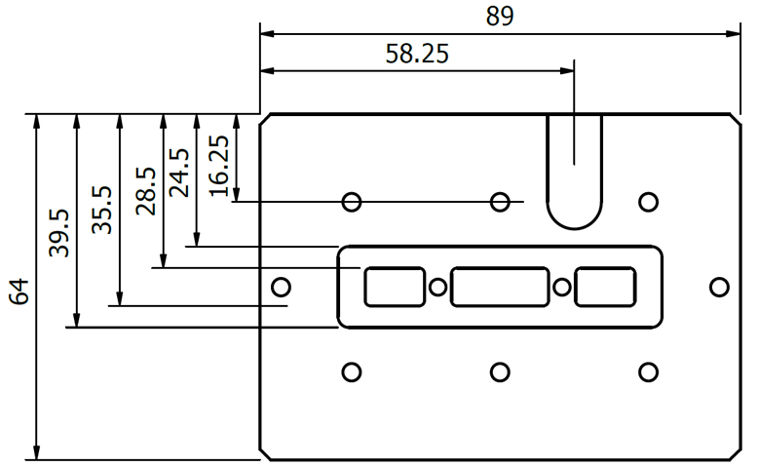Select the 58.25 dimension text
point(417,55)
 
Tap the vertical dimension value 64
point(20,290)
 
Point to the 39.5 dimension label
point(59,233)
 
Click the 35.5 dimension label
point(103,211)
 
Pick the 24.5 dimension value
point(180,173)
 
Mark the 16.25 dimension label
point(220,166)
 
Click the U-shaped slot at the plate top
point(574,172)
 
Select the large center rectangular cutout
point(500,287)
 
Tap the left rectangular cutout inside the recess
point(395,287)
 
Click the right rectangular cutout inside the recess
point(605,287)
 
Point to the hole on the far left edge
point(281,287)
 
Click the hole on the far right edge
point(719,287)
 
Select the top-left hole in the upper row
point(352,202)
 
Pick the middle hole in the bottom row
point(500,371)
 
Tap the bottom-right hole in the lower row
point(648,371)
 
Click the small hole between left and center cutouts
point(438,287)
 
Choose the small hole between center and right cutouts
point(562,287)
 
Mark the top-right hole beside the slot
point(648,202)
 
